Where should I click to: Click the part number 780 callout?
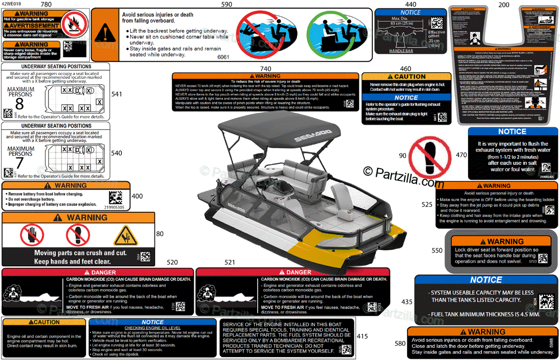(x=46, y=4)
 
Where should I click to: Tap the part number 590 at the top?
(x=226, y=4)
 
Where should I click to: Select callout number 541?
(x=117, y=94)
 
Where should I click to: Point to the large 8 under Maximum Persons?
(x=19, y=104)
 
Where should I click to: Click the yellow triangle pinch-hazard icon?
(x=126, y=236)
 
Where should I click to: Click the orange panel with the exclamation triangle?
(x=105, y=35)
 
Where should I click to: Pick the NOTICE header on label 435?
(x=486, y=280)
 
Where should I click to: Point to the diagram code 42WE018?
(x=11, y=4)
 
